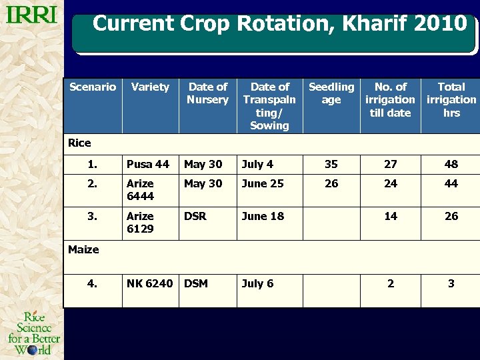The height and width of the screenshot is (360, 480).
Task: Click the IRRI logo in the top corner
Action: pos(31,15)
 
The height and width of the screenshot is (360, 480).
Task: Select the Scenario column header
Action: pos(93,87)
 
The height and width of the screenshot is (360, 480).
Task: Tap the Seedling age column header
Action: pos(331,93)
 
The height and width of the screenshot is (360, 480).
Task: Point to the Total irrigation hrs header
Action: pos(451,99)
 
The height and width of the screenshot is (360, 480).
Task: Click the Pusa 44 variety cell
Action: pos(148,164)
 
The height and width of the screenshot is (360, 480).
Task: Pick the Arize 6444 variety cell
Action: pos(140,189)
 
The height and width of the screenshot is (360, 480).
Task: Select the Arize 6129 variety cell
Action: pos(140,222)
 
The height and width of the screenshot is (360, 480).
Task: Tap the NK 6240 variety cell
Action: pos(149,283)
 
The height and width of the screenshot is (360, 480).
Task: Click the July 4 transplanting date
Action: pos(257,164)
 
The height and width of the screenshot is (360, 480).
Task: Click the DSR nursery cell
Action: pos(195,216)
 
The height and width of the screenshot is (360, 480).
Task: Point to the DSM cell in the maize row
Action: pos(196,283)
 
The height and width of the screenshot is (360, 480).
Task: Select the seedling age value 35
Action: pos(331,164)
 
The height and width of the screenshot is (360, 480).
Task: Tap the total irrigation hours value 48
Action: pos(451,164)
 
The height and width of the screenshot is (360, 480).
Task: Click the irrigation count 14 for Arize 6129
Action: pos(391,216)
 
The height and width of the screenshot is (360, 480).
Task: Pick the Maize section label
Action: pos(83,249)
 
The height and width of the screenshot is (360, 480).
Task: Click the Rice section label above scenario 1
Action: pos(79,143)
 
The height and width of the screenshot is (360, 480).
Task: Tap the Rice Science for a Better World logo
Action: pos(33,333)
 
